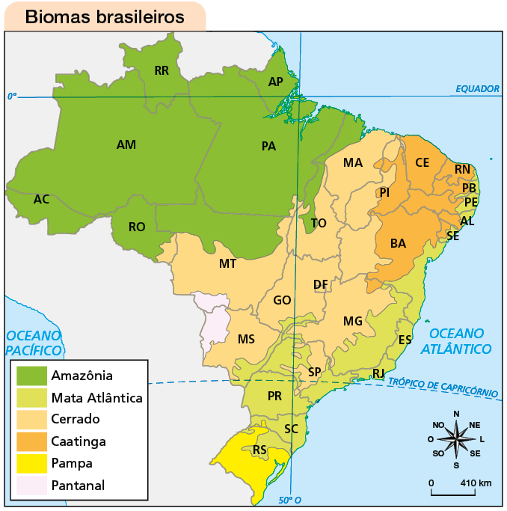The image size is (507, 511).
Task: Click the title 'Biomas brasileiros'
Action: (x=105, y=16)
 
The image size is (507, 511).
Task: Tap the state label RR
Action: (x=162, y=71)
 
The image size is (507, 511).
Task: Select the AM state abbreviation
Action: (x=126, y=144)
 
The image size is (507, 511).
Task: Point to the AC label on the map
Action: (x=42, y=199)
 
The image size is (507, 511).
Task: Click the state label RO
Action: (x=137, y=227)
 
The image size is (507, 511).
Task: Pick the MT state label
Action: (x=228, y=264)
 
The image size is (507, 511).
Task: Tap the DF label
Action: (x=320, y=284)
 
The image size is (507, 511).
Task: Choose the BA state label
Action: (x=398, y=243)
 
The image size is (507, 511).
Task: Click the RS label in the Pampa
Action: (x=259, y=450)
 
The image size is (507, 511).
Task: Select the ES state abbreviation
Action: (x=405, y=340)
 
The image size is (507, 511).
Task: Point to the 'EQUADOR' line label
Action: (x=477, y=89)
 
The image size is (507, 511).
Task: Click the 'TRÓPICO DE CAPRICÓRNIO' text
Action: (x=443, y=387)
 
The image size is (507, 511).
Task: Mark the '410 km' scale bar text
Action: (x=476, y=483)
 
